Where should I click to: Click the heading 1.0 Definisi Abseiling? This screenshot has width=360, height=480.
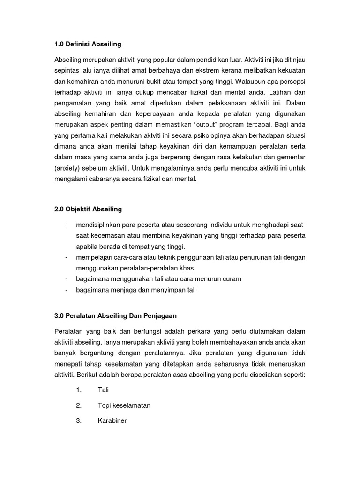(88, 44)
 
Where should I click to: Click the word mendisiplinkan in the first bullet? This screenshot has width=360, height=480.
(100, 225)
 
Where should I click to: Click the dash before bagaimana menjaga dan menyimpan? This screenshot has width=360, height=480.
(67, 290)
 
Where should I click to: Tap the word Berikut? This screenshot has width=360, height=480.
(89, 375)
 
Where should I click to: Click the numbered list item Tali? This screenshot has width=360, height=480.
(103, 390)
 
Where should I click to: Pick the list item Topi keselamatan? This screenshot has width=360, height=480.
(124, 405)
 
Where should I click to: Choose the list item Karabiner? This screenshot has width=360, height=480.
(112, 420)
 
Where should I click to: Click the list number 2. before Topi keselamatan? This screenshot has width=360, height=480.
(79, 405)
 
